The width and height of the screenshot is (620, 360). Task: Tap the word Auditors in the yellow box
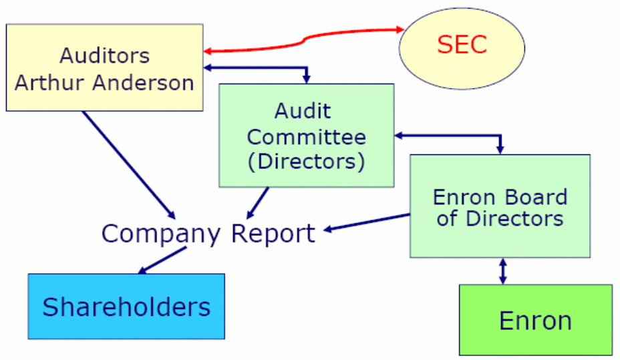click(x=104, y=55)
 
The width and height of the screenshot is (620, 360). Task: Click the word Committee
click(x=307, y=137)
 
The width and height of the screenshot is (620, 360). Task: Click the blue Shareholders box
click(x=126, y=307)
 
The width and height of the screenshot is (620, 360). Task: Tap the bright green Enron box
click(x=535, y=320)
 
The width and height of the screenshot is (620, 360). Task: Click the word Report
click(x=273, y=234)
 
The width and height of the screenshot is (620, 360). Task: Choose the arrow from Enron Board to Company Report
click(x=367, y=223)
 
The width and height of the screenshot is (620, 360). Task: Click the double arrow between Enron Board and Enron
click(x=502, y=271)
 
